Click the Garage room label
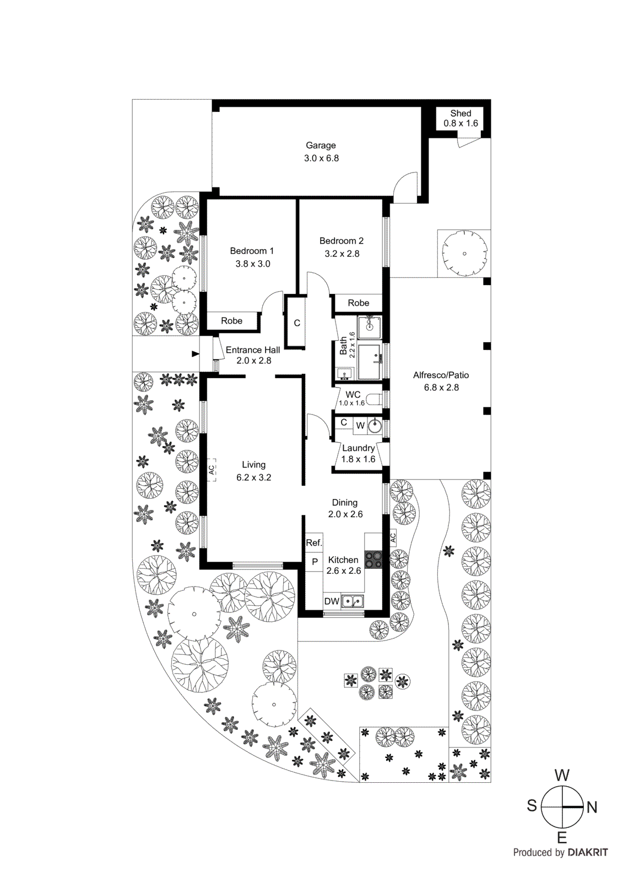321,146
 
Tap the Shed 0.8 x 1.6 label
461,119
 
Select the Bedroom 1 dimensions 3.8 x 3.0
253,264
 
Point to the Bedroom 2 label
342,241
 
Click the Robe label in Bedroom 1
232,321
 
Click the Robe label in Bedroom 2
359,303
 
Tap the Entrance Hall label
253,350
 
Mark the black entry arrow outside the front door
195,354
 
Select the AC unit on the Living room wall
211,470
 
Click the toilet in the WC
375,399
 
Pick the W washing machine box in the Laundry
360,426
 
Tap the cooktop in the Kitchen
373,560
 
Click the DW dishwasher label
332,601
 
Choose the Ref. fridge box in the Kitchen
313,543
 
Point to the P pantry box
315,562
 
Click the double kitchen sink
353,601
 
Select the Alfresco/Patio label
441,375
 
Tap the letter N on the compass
592,808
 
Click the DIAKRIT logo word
588,853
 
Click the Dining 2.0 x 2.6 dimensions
345,514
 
